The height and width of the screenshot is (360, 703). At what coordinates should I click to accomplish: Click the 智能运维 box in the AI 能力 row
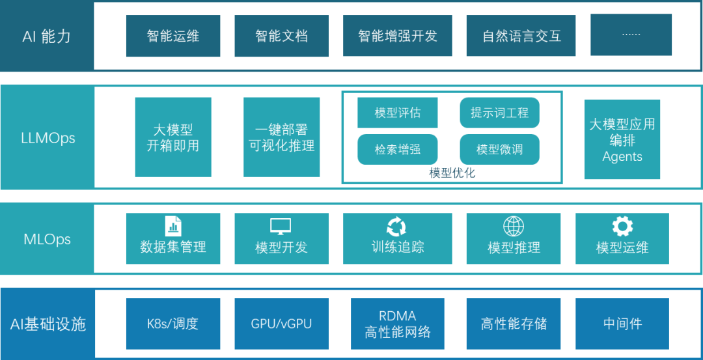[x=173, y=36]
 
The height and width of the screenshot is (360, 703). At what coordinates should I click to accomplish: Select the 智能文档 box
[x=281, y=36]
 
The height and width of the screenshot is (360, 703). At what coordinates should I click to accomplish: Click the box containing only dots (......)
[x=631, y=35]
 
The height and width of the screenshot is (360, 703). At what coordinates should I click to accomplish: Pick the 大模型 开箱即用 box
[x=173, y=137]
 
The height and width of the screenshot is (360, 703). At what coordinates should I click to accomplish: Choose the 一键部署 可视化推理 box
[x=281, y=137]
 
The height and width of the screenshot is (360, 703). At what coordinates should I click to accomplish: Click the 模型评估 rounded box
[x=397, y=113]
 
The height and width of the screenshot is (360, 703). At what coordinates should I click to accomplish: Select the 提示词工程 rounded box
[x=499, y=113]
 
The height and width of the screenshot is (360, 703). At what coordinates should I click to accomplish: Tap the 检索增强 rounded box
[x=397, y=150]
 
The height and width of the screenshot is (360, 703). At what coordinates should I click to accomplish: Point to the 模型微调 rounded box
[x=499, y=150]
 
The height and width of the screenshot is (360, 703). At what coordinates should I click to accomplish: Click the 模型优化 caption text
[x=452, y=173]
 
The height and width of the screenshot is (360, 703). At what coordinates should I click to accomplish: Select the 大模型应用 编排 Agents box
[x=622, y=139]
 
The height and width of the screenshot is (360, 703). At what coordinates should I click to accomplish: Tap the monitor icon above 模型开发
[x=281, y=226]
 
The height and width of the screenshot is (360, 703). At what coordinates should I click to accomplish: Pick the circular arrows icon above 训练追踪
[x=396, y=226]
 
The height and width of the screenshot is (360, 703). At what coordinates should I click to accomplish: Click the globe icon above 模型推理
[x=514, y=226]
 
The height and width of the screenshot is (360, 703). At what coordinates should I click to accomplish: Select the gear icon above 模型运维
[x=622, y=226]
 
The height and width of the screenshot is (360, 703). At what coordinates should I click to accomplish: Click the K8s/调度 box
[x=173, y=324]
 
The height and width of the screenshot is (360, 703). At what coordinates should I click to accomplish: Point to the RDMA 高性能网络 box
[x=397, y=324]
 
